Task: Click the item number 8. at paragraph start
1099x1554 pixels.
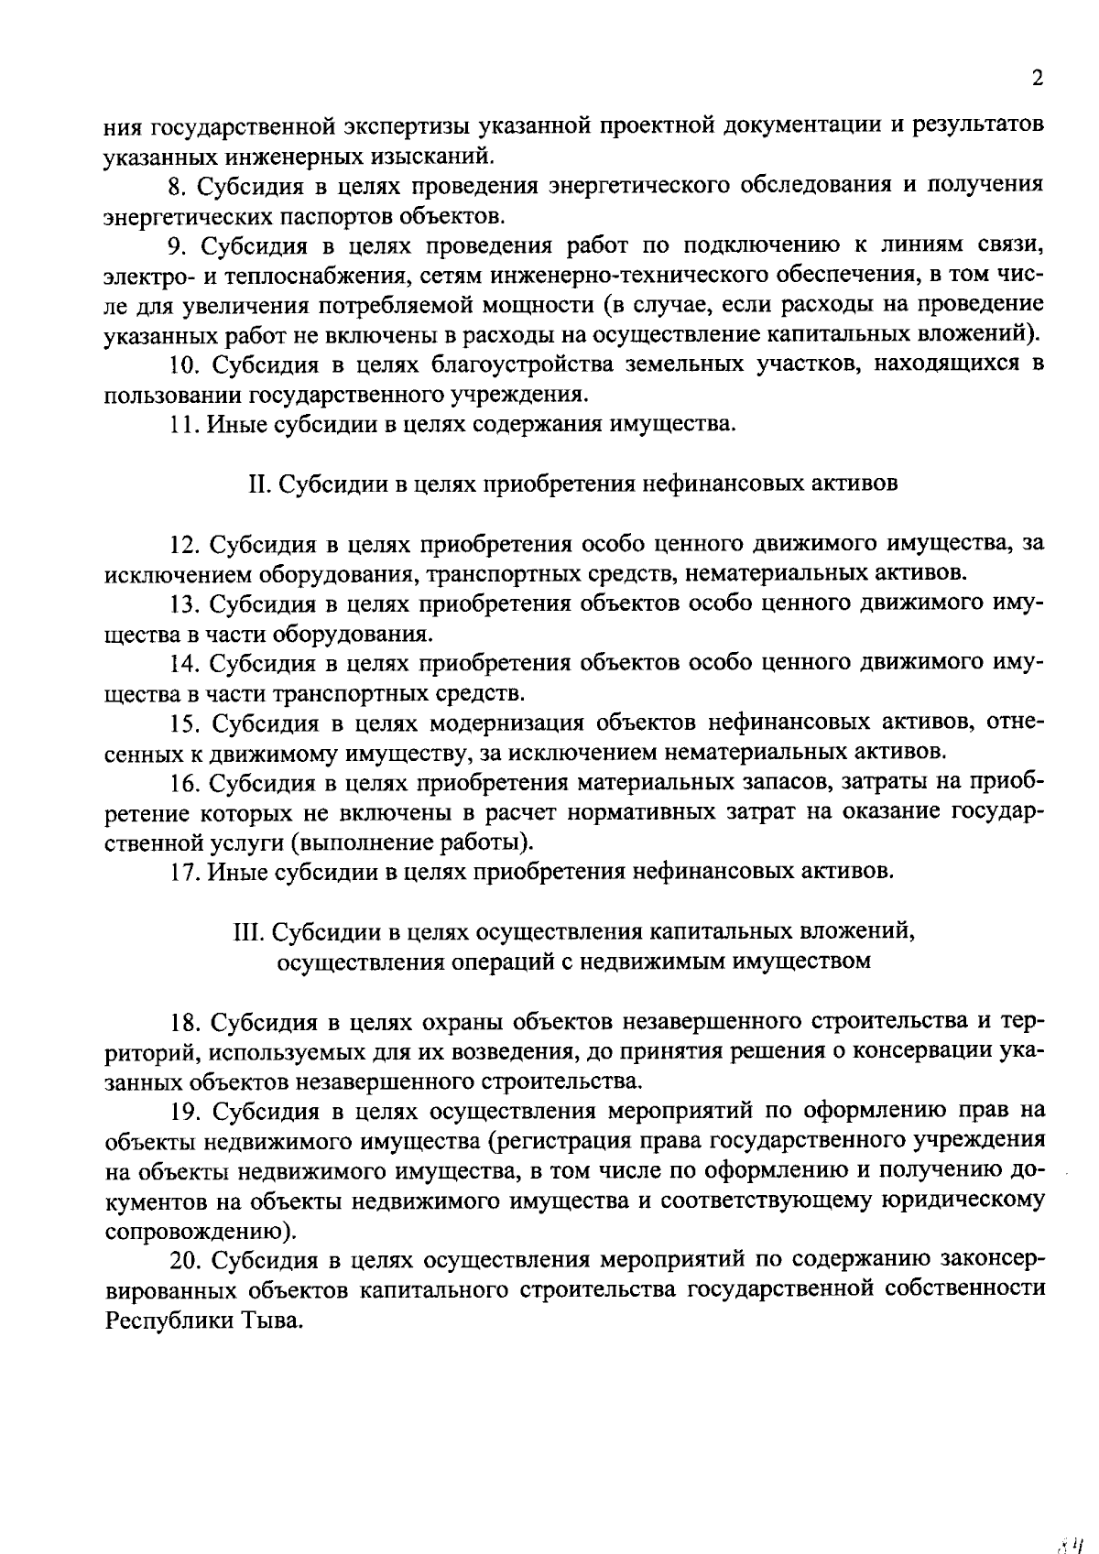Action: tap(178, 186)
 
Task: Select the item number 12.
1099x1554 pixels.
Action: tap(186, 544)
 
